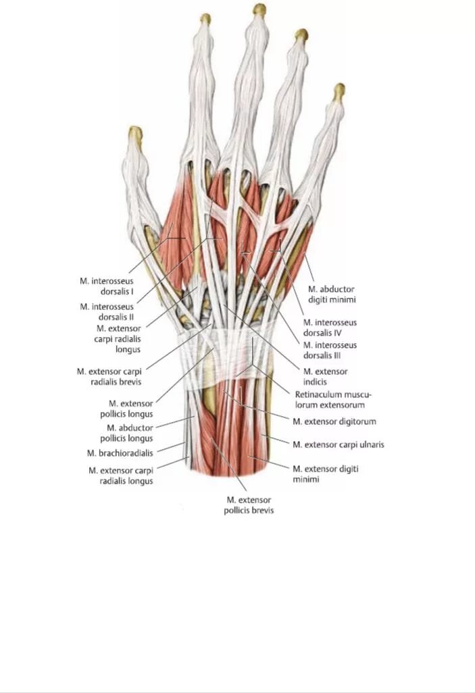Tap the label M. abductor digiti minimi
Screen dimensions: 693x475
click(332, 293)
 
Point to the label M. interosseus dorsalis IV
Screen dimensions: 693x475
click(330, 328)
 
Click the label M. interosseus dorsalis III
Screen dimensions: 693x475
click(330, 350)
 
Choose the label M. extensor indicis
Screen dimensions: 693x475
click(326, 376)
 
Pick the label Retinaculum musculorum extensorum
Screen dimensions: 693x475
click(334, 400)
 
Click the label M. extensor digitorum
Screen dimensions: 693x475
click(334, 421)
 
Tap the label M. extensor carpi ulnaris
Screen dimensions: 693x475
click(339, 445)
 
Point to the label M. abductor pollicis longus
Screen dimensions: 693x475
click(130, 433)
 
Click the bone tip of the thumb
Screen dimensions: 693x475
click(136, 132)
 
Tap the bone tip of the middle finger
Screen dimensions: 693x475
click(259, 9)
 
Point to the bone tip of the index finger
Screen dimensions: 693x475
click(205, 18)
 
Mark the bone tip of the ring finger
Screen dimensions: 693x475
click(301, 34)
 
